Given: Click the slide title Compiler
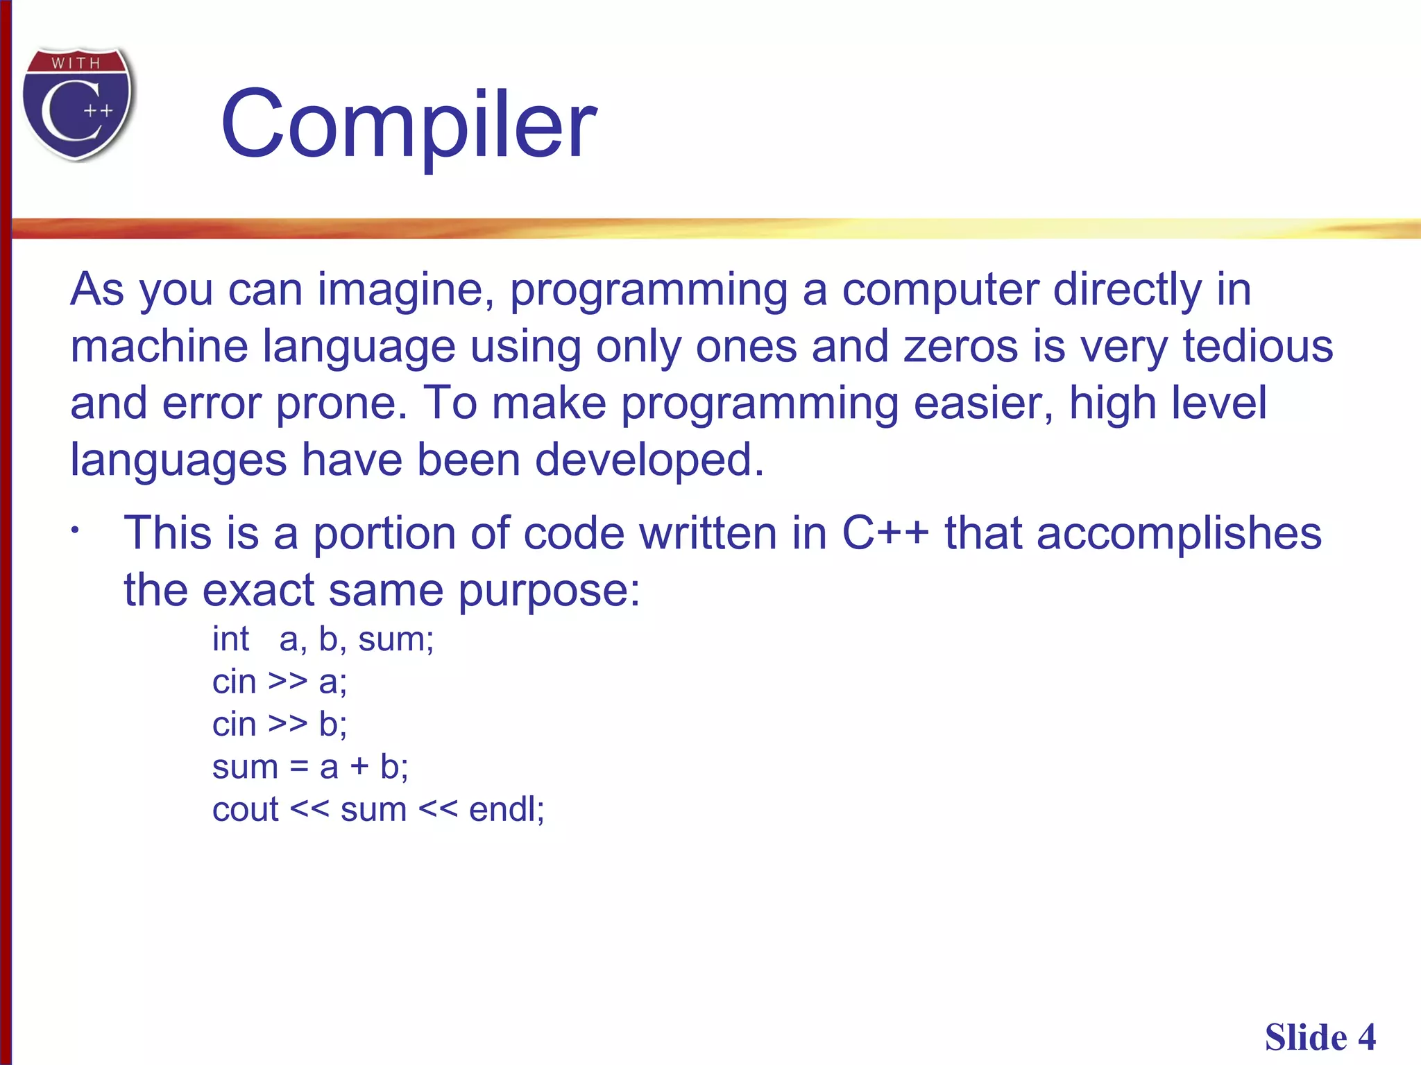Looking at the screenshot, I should (408, 125).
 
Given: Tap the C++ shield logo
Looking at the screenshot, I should (78, 104).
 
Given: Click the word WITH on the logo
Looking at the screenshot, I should (76, 63).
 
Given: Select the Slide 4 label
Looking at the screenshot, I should (1319, 1037).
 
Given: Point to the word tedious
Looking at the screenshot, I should (1257, 346).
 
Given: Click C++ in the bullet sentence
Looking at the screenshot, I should (885, 533).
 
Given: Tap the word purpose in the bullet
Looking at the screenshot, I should (548, 591).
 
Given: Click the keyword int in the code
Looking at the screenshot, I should (230, 639).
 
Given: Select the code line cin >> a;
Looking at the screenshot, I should (279, 682).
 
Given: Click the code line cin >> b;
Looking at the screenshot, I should (279, 724).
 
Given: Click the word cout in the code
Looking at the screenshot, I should (245, 809).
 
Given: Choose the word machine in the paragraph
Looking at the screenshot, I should (159, 346).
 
